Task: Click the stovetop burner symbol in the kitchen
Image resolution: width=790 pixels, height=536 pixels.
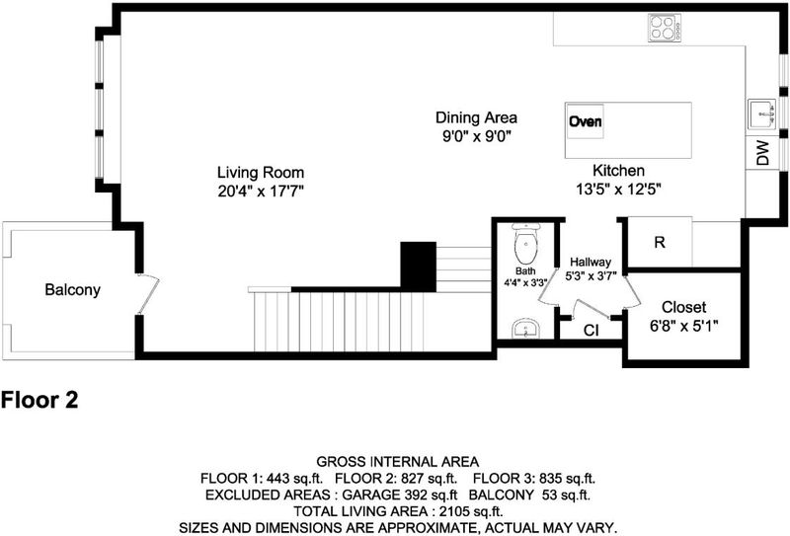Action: pos(665,28)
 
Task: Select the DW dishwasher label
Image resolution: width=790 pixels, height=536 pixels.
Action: pos(763,153)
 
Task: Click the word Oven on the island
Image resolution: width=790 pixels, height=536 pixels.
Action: pos(585,121)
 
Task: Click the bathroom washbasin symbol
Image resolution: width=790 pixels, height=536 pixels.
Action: pos(526,329)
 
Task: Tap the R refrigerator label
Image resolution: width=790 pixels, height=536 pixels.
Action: pos(660,242)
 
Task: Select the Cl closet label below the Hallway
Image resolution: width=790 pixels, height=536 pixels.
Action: pos(591,331)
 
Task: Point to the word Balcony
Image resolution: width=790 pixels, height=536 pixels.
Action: pos(72,289)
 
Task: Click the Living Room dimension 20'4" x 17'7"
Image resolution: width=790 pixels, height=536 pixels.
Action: pos(261,191)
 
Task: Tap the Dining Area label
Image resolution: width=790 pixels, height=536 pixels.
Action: pos(476,117)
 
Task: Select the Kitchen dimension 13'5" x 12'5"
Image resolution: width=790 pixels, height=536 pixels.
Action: pos(618,189)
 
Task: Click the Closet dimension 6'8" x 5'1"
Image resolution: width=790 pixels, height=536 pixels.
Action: pos(683,326)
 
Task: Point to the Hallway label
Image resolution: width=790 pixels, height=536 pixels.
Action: pos(591,262)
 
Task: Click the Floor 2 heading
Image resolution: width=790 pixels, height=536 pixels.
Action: pos(39,400)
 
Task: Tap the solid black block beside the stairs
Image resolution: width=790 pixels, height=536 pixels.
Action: pos(418,267)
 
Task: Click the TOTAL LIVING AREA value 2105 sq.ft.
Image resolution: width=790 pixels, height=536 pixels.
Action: pos(471,512)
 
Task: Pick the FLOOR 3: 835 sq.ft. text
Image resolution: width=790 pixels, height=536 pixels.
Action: pos(534,478)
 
